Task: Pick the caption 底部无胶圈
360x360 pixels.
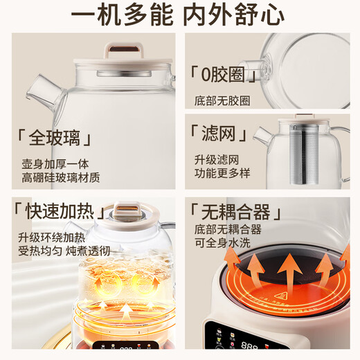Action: tap(222, 100)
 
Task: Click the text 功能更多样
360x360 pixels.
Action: tap(222, 174)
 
